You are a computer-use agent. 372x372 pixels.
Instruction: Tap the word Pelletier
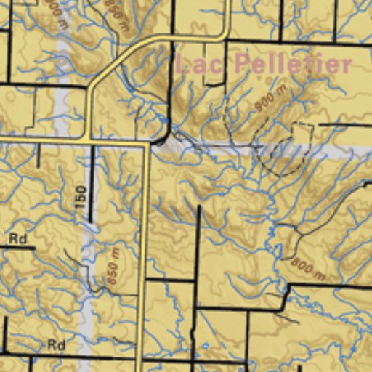[x=293, y=63]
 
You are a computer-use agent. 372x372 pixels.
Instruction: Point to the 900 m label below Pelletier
[x=270, y=100]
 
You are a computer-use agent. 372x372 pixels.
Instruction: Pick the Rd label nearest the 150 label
[x=17, y=238]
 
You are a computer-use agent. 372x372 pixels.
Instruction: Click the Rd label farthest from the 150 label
[x=56, y=344]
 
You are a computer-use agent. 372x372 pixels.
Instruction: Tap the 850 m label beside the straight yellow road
[x=113, y=266]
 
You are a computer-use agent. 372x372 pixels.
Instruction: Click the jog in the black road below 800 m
[x=285, y=294]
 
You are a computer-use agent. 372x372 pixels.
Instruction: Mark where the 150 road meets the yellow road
[x=90, y=140]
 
